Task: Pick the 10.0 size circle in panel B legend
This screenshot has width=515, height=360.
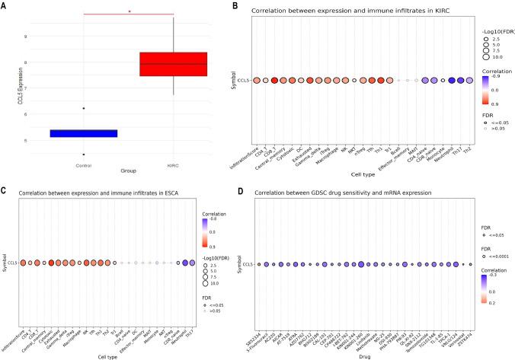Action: point(486,58)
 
